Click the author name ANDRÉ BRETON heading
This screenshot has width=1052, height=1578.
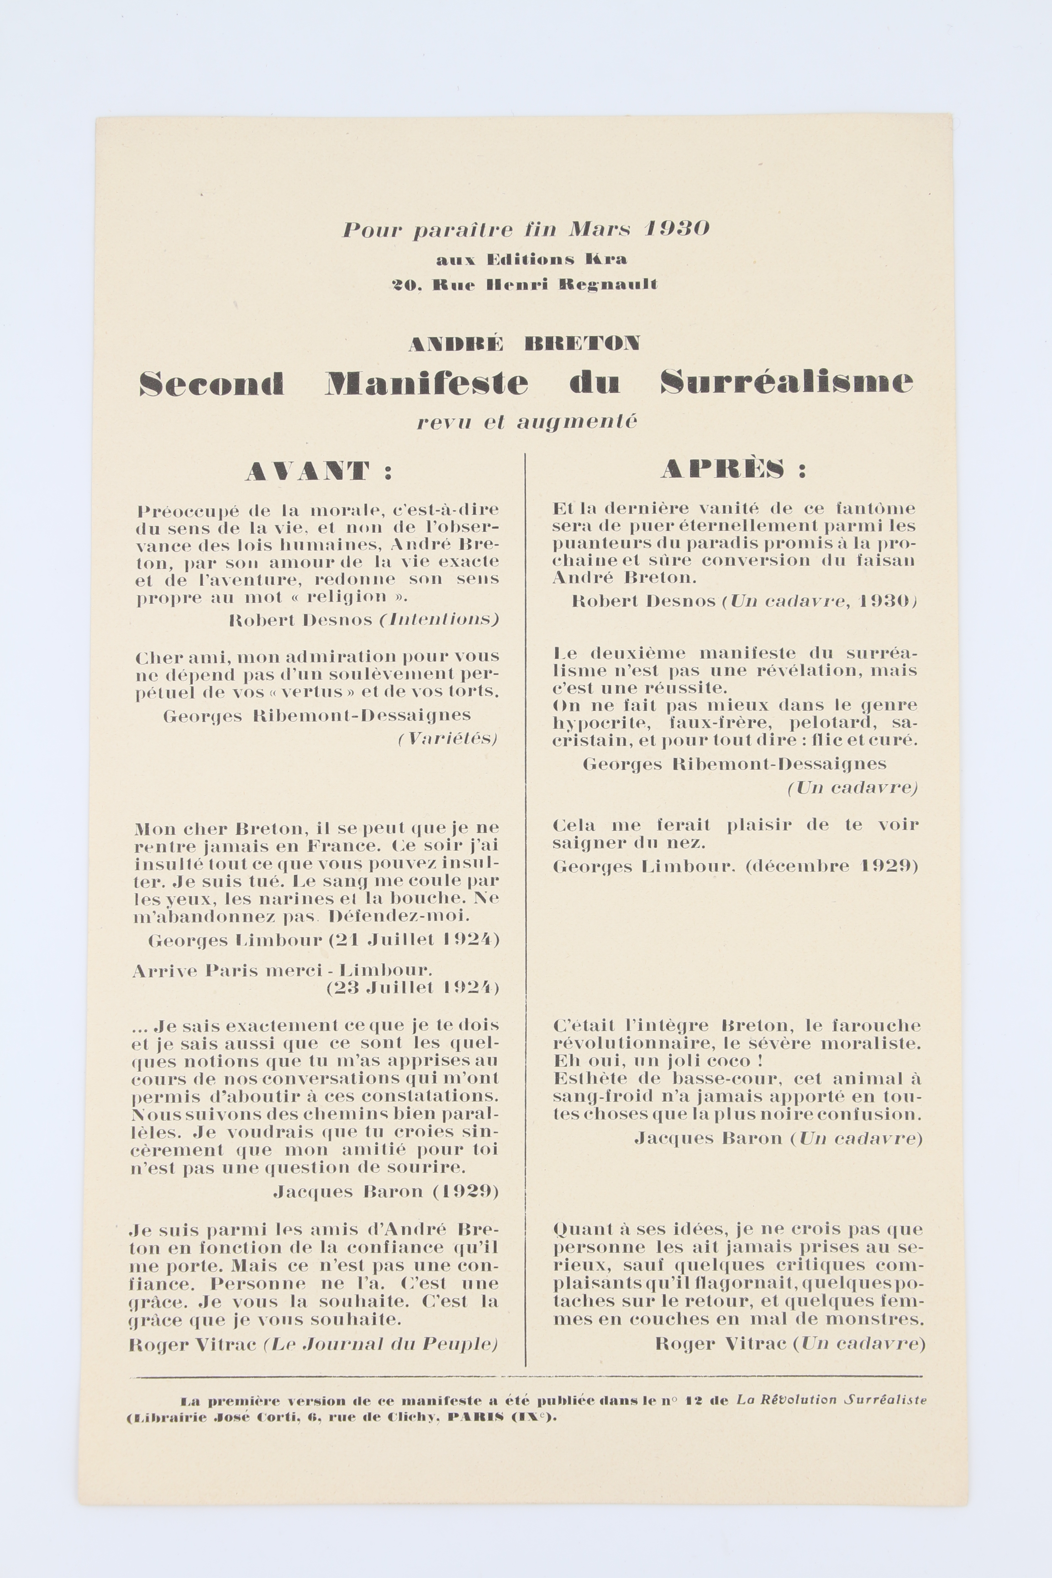pos(524,343)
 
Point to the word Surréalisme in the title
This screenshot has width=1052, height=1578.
pos(786,383)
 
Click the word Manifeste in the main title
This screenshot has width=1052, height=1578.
pos(427,383)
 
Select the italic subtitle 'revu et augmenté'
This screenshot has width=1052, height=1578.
pos(526,422)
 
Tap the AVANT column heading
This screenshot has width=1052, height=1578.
pos(309,471)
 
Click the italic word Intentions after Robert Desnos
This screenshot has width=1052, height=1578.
pos(439,619)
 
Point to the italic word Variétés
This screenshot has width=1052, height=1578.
pos(447,739)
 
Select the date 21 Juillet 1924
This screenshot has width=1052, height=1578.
pos(413,940)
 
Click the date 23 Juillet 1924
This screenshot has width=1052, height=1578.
pos(413,988)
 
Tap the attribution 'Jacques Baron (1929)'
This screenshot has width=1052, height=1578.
pos(386,1192)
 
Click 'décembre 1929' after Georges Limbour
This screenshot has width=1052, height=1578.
pos(831,866)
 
